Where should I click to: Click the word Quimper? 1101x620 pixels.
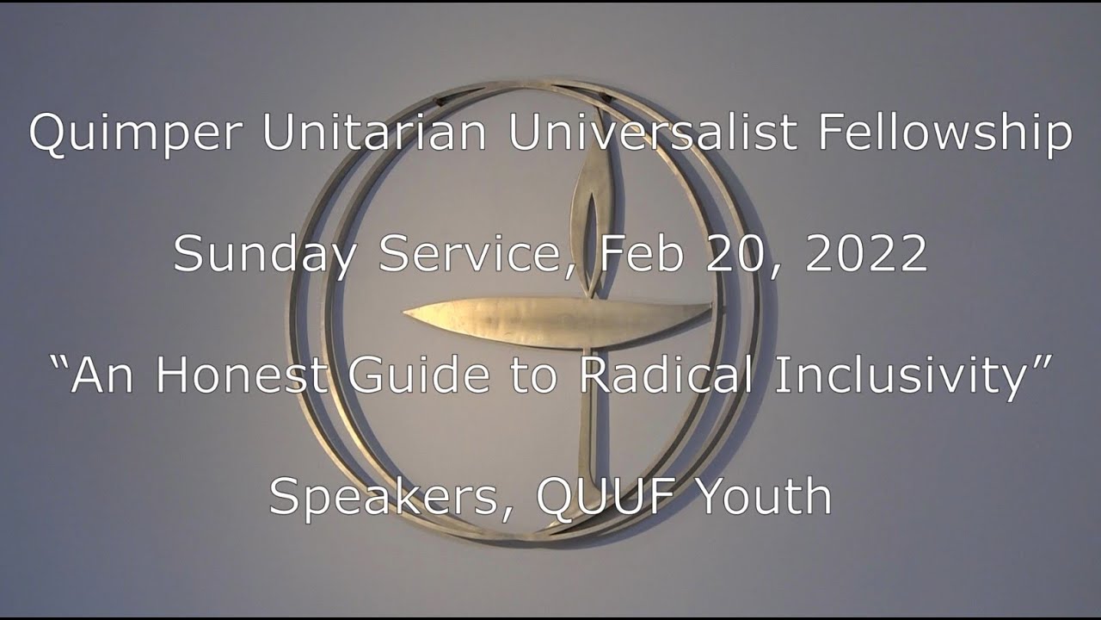click(x=136, y=133)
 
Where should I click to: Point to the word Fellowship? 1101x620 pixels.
click(x=944, y=133)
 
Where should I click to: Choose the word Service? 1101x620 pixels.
click(x=475, y=255)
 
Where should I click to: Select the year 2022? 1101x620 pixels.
click(x=866, y=253)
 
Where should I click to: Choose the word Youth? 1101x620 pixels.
click(x=766, y=496)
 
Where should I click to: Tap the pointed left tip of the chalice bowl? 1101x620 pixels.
click(x=405, y=312)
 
